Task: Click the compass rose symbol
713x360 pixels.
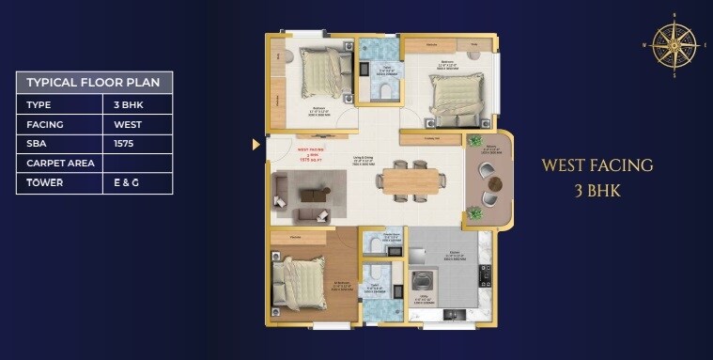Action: [x=674, y=44]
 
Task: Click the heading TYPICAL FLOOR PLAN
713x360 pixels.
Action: [x=93, y=82]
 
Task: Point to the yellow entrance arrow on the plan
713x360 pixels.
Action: [x=256, y=145]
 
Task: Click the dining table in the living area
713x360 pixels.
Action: [x=410, y=179]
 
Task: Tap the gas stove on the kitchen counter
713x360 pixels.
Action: [x=485, y=274]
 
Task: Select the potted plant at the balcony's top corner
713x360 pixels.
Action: [x=474, y=141]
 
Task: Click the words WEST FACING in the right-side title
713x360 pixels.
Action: [x=597, y=165]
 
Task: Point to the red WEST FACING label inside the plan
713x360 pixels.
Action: [x=310, y=149]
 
